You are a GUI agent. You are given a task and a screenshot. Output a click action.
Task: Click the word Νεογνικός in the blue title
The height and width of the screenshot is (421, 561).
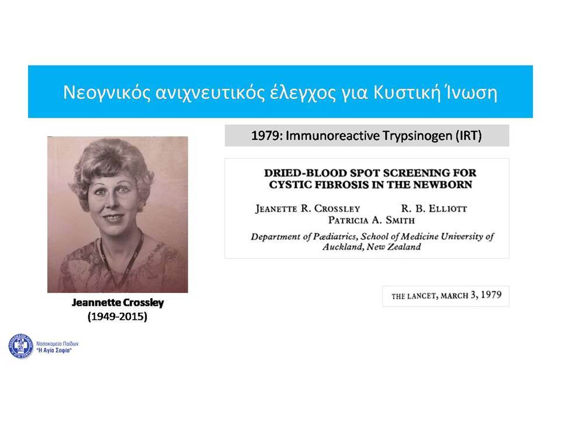click(106, 93)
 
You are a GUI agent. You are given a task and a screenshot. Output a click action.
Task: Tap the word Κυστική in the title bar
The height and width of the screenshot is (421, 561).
click(407, 92)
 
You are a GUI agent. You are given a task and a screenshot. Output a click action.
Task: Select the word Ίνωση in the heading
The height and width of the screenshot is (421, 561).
click(471, 92)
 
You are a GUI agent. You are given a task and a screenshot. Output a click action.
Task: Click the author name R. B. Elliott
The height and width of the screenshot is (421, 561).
click(434, 208)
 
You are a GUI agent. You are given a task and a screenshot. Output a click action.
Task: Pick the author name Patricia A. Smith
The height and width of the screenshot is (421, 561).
click(372, 220)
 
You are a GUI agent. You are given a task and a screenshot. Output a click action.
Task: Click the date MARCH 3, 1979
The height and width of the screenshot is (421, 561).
click(471, 295)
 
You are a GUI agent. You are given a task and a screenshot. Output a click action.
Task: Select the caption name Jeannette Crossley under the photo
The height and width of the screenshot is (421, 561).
click(117, 302)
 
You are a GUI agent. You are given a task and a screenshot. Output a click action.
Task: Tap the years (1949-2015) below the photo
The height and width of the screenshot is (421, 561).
click(117, 316)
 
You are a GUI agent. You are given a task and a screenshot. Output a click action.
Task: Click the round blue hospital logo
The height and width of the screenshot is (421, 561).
click(21, 346)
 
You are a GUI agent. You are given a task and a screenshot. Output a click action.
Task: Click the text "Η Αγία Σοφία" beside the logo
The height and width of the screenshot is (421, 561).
click(54, 350)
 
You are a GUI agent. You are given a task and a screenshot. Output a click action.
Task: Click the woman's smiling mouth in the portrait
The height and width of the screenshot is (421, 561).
click(113, 218)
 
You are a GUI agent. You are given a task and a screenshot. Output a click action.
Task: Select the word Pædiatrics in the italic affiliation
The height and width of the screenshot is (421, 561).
click(335, 237)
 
